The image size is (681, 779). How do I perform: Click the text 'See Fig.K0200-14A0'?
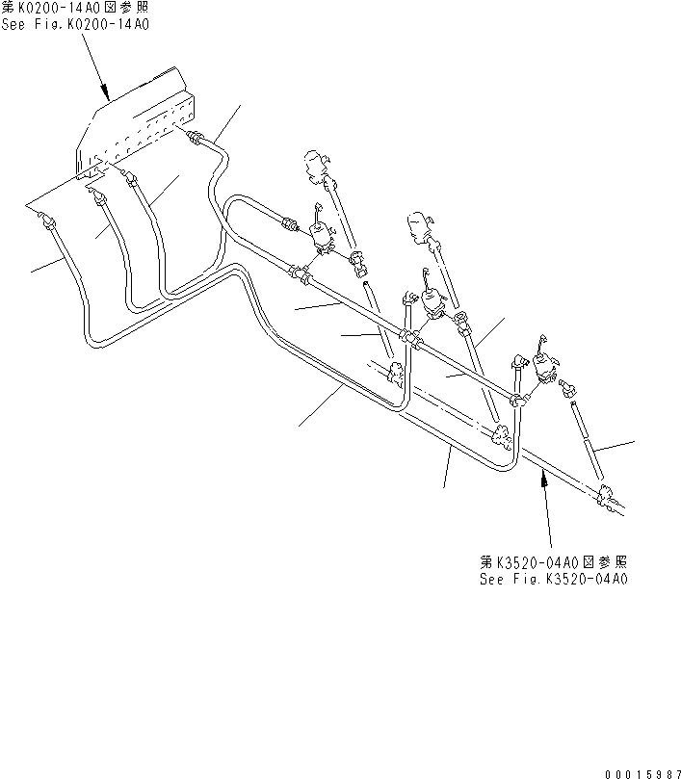[x=75, y=25]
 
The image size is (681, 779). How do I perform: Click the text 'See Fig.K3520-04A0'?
[x=554, y=580]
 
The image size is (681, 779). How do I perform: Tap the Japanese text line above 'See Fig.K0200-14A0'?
[x=75, y=8]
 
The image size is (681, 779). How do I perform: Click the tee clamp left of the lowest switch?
[x=519, y=399]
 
